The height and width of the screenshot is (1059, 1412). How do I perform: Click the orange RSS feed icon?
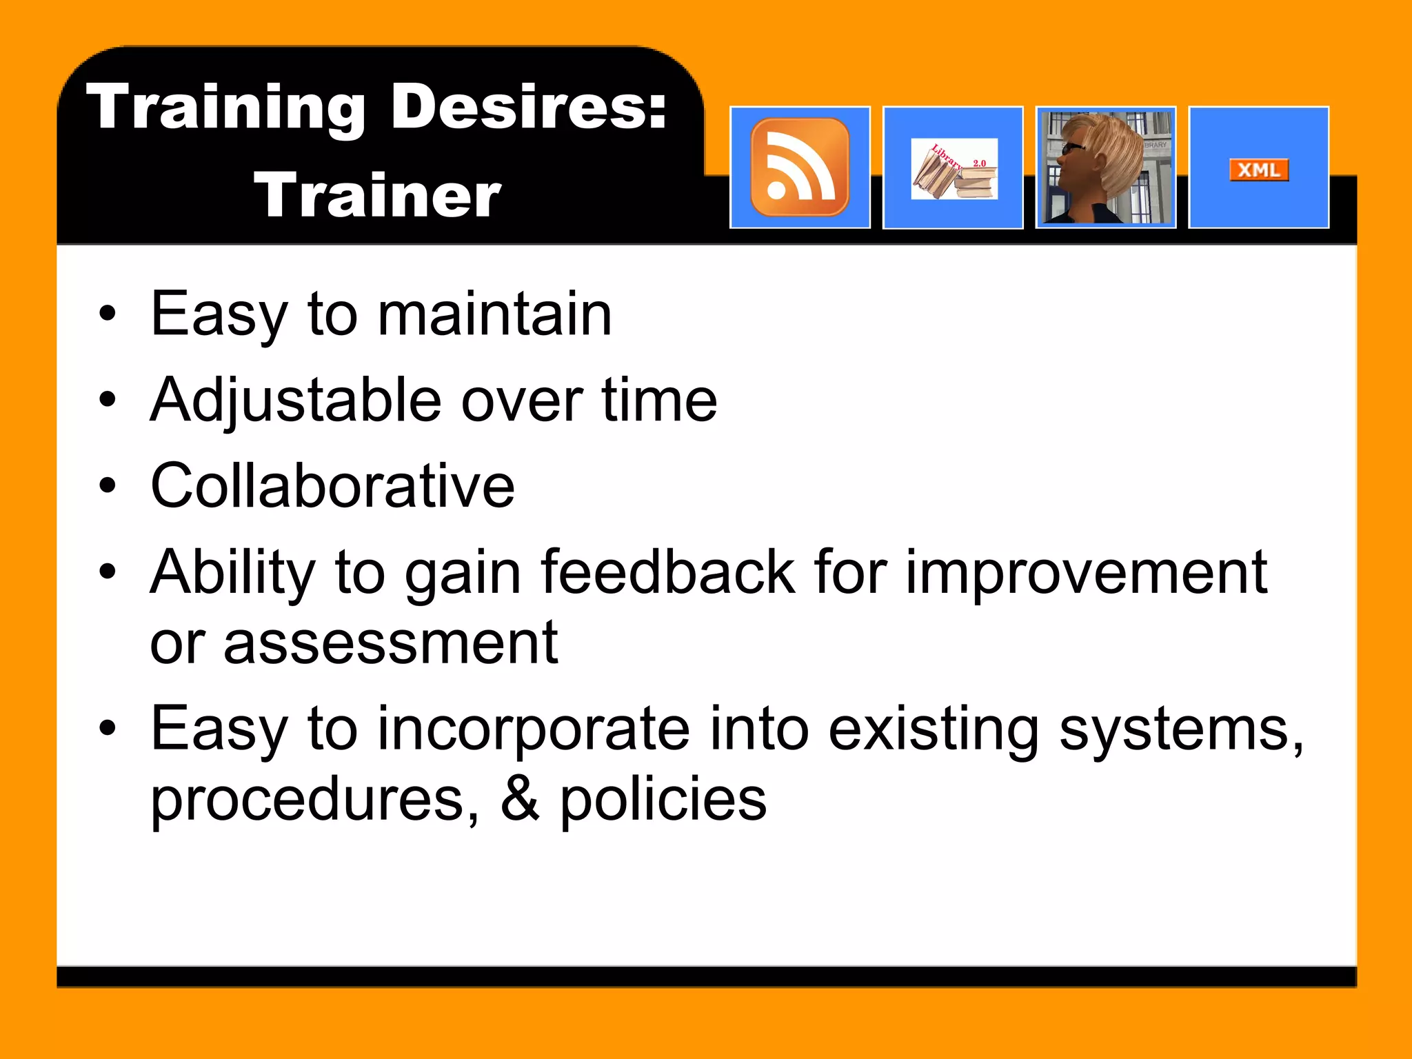(x=800, y=168)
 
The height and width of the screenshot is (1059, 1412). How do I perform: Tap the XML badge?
(x=1259, y=170)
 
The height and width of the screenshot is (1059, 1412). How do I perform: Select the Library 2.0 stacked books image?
(x=954, y=170)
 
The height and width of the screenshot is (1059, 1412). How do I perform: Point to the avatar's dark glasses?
(x=1073, y=148)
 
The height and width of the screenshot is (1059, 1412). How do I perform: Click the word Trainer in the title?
(x=378, y=196)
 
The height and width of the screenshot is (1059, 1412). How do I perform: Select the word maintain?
(x=494, y=314)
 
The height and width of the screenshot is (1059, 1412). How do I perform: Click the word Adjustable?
(x=296, y=401)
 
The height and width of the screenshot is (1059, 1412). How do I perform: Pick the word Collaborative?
(x=332, y=486)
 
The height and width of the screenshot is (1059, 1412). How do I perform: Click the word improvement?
(x=1086, y=573)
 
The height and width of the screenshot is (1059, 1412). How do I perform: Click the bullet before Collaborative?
(x=108, y=486)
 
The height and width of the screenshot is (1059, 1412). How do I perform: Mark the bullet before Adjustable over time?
(x=108, y=400)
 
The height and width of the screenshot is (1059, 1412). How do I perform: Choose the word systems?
(x=1180, y=730)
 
